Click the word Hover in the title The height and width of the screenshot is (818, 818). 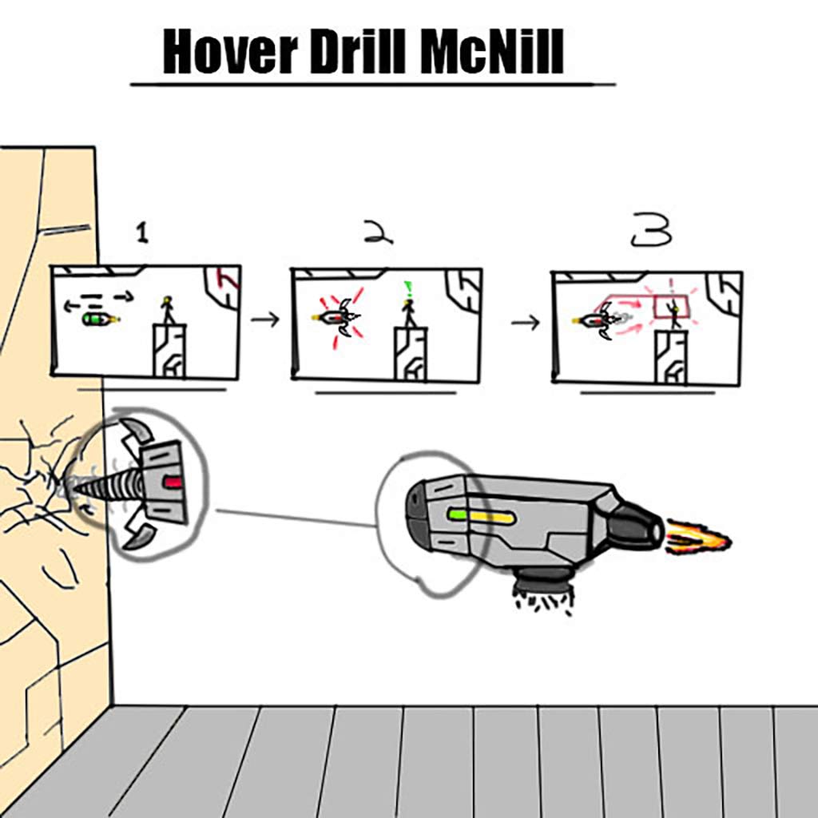click(230, 51)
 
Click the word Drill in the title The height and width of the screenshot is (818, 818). click(357, 51)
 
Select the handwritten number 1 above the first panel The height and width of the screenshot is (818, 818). click(142, 232)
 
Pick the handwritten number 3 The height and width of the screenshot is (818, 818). click(652, 231)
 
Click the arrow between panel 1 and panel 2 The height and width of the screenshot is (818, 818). click(265, 319)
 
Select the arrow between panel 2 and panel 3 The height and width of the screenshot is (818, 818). click(526, 323)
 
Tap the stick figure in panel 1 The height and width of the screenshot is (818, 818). click(168, 311)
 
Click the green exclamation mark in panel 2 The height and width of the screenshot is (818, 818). click(407, 288)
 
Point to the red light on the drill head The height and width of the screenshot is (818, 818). click(173, 482)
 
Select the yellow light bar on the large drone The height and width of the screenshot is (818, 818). click(492, 518)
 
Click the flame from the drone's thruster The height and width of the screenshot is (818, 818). click(697, 538)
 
